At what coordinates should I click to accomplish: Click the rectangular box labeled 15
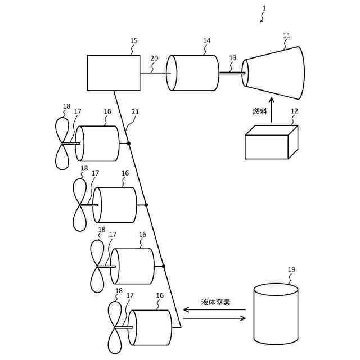[114, 73]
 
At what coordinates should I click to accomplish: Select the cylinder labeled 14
[195, 73]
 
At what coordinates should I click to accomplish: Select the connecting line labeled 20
[153, 73]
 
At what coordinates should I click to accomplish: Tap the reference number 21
[135, 112]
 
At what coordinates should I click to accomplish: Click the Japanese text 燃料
[259, 111]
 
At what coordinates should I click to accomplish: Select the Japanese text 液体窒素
[216, 302]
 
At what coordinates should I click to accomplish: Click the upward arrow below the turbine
[271, 109]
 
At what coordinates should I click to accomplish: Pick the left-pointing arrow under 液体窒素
[214, 309]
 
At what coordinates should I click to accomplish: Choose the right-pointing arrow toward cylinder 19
[214, 318]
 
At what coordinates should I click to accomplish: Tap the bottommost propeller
[115, 327]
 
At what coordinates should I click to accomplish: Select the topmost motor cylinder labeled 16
[98, 143]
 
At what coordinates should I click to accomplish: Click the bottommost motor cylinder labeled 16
[150, 327]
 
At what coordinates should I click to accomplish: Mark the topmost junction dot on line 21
[129, 143]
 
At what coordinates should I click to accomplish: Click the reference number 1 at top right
[264, 8]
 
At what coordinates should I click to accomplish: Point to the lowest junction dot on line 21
[164, 266]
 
